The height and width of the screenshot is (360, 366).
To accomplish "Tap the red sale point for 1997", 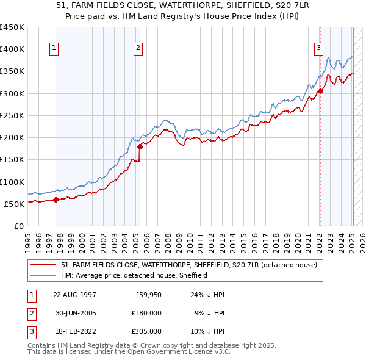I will [x=56, y=199].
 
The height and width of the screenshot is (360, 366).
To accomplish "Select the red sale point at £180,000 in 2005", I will [x=140, y=146].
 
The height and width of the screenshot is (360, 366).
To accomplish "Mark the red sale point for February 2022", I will [x=320, y=91].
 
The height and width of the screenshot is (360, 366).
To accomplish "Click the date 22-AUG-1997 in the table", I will [x=74, y=295].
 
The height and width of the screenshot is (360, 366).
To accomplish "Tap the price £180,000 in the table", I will [x=147, y=312].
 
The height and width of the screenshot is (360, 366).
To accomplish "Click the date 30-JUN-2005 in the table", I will [x=74, y=312].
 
